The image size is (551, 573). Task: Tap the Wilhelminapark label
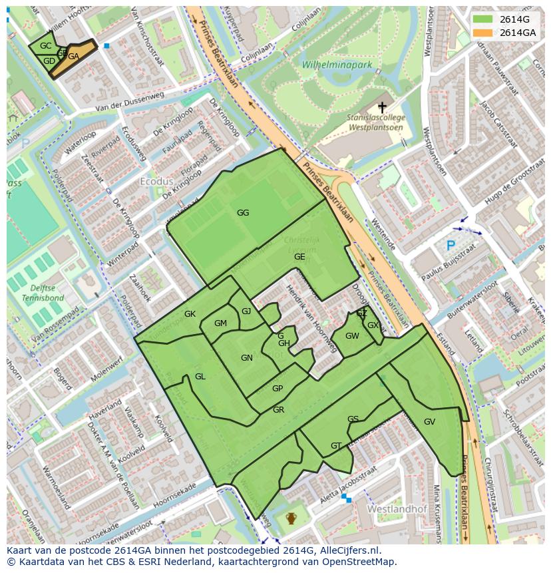click(x=337, y=65)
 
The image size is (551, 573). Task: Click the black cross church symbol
click(x=382, y=106)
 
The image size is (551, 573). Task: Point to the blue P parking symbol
click(x=451, y=246)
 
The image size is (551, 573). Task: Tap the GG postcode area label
click(x=243, y=213)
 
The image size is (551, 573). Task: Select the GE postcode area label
click(x=299, y=257)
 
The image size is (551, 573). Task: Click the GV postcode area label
click(x=429, y=422)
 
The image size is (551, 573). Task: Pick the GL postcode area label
click(x=200, y=377)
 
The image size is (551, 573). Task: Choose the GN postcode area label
click(x=247, y=358)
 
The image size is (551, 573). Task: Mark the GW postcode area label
click(x=352, y=336)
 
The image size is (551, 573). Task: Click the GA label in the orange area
click(x=73, y=57)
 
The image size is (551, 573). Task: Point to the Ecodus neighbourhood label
click(x=156, y=181)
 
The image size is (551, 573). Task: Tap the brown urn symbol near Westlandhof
click(x=291, y=518)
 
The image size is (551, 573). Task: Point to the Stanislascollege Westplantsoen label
click(x=375, y=122)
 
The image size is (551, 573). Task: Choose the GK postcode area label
click(x=190, y=314)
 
